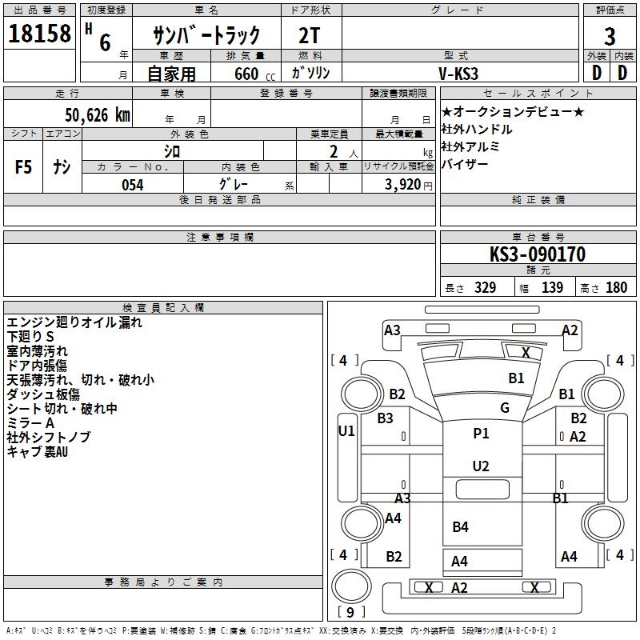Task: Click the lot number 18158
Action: pos(39,34)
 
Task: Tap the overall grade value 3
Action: pos(610,36)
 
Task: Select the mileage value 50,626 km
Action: pos(98,115)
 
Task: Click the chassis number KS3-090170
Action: pos(538,254)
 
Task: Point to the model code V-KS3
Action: pos(458,74)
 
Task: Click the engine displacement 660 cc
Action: pos(254,74)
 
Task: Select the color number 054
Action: pos(133,185)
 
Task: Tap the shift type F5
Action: pos(23,167)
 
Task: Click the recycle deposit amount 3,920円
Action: pos(409,185)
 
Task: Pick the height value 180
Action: pos(616,288)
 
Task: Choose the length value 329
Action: pos(485,288)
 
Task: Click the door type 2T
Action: pos(309,35)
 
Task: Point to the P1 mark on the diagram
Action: pos(481,434)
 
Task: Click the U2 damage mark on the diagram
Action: pos(481,466)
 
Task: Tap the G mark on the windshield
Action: pos(505,408)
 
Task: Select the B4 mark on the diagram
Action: pos(461,527)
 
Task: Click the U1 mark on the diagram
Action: pos(346,431)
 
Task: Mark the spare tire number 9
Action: pos(350,612)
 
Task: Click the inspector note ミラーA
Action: pos(30,423)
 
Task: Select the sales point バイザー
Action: pos(465,164)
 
